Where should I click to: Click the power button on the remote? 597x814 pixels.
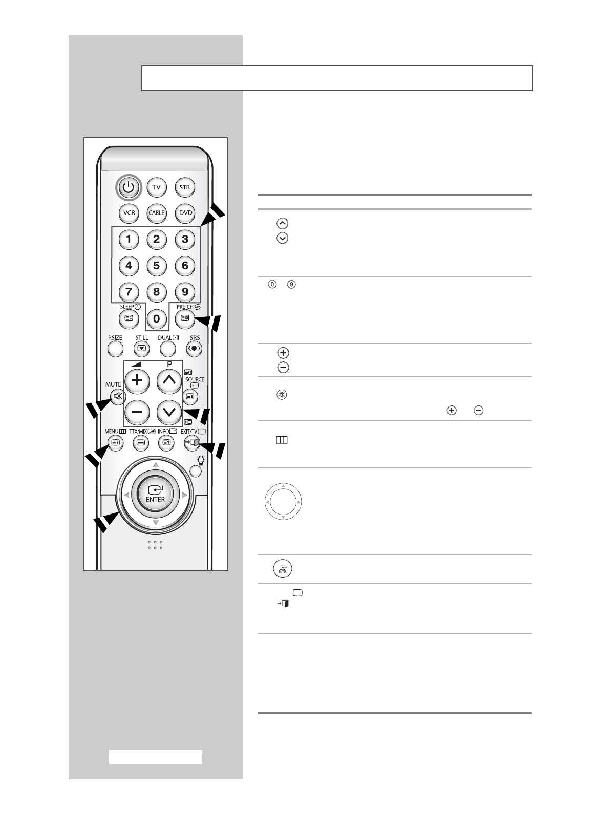point(129,187)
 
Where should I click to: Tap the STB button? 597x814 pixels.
point(184,187)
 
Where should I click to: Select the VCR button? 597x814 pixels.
point(129,213)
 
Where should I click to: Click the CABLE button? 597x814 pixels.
point(156,213)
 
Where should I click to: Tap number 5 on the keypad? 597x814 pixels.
point(156,265)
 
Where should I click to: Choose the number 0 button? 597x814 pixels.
point(156,319)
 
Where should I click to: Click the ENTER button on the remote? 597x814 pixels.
point(156,494)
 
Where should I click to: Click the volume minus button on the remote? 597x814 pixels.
point(137,412)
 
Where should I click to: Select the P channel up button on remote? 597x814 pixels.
point(168,380)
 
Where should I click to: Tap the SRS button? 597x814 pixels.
point(195,349)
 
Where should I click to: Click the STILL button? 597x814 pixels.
point(142,349)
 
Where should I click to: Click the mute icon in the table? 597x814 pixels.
point(283,395)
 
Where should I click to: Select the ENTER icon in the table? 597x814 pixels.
point(283,569)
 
